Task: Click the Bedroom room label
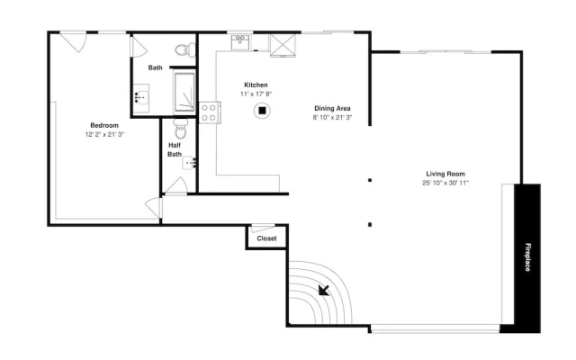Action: pos(104,125)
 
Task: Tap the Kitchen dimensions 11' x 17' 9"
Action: pos(256,94)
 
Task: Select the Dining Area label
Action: pos(332,108)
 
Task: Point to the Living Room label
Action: pos(445,174)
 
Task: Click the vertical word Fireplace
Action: pos(527,257)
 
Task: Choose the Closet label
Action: pos(266,238)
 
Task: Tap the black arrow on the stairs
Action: pos(324,290)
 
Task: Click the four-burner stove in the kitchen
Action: pos(210,112)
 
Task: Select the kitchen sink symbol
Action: pos(240,42)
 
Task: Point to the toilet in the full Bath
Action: pos(185,50)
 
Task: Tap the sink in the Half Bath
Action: pos(189,162)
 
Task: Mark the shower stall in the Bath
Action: pos(184,92)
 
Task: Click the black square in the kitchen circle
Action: pos(262,111)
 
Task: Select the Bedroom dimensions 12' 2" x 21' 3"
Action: pos(104,134)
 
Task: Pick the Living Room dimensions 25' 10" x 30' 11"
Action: pos(445,183)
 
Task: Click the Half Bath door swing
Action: pos(177,185)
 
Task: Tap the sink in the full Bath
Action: pos(141,98)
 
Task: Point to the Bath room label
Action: pos(156,67)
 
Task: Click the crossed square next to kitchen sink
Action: pos(283,45)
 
